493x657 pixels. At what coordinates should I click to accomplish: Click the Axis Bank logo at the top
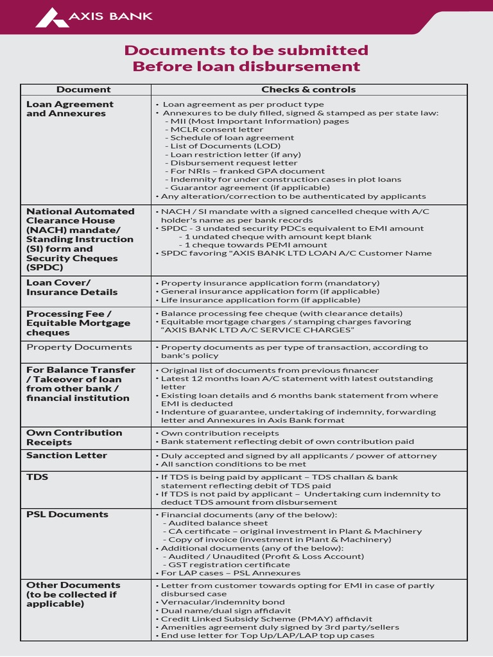pyautogui.click(x=94, y=17)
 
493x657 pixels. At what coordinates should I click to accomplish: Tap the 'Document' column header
pyautogui.click(x=83, y=90)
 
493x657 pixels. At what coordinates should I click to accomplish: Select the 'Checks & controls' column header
pyautogui.click(x=308, y=90)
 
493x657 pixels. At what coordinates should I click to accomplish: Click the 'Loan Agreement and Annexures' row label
pyautogui.click(x=69, y=109)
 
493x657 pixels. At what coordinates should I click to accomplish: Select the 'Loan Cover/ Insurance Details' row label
pyautogui.click(x=72, y=287)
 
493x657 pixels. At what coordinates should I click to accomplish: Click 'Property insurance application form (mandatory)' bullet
pyautogui.click(x=270, y=283)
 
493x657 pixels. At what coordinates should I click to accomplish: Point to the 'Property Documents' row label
pyautogui.click(x=79, y=347)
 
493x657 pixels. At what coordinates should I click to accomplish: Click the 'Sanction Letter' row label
pyautogui.click(x=67, y=456)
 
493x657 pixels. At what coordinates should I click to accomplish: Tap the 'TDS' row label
pyautogui.click(x=37, y=477)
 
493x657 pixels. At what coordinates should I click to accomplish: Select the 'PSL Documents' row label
pyautogui.click(x=67, y=515)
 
